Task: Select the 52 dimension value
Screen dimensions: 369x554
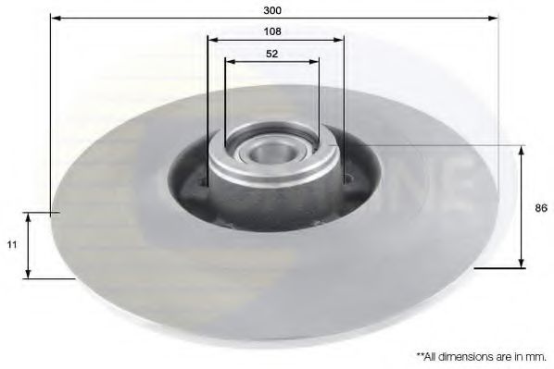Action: pyautogui.click(x=272, y=53)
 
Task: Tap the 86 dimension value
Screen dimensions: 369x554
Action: pyautogui.click(x=541, y=208)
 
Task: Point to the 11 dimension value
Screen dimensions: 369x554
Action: pyautogui.click(x=12, y=245)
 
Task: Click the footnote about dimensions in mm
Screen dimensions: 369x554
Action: pyautogui.click(x=481, y=354)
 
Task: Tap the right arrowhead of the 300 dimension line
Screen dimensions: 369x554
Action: pyautogui.click(x=495, y=18)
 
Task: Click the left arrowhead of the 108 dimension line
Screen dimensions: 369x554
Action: pyautogui.click(x=210, y=40)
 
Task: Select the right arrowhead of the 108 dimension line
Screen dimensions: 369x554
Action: pyautogui.click(x=340, y=40)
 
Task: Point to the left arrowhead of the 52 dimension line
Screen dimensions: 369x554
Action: pyautogui.click(x=229, y=62)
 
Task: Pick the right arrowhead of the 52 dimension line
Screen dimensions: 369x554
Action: pyautogui.click(x=316, y=62)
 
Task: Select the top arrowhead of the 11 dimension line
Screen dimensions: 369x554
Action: pyautogui.click(x=30, y=216)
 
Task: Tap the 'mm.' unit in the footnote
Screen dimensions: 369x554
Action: pyautogui.click(x=537, y=354)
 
